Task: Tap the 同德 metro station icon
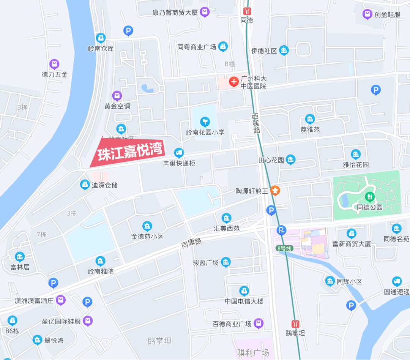click(x=247, y=11)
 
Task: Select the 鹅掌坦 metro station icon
click(x=295, y=324)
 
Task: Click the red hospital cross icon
click(x=233, y=81)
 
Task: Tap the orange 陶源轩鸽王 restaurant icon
click(x=275, y=190)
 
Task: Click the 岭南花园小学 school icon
click(x=205, y=122)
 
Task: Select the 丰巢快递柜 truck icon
click(x=179, y=153)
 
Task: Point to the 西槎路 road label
click(x=256, y=123)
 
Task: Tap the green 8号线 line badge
click(x=285, y=248)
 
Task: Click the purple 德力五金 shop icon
click(x=54, y=64)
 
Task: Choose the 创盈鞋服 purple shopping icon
click(x=367, y=14)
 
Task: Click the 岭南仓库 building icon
click(x=101, y=38)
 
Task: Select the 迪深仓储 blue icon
click(x=85, y=185)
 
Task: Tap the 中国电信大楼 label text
click(x=244, y=302)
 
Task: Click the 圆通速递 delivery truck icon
click(x=397, y=281)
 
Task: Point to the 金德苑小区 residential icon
click(x=147, y=226)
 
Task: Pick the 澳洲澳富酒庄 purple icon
click(x=60, y=300)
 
